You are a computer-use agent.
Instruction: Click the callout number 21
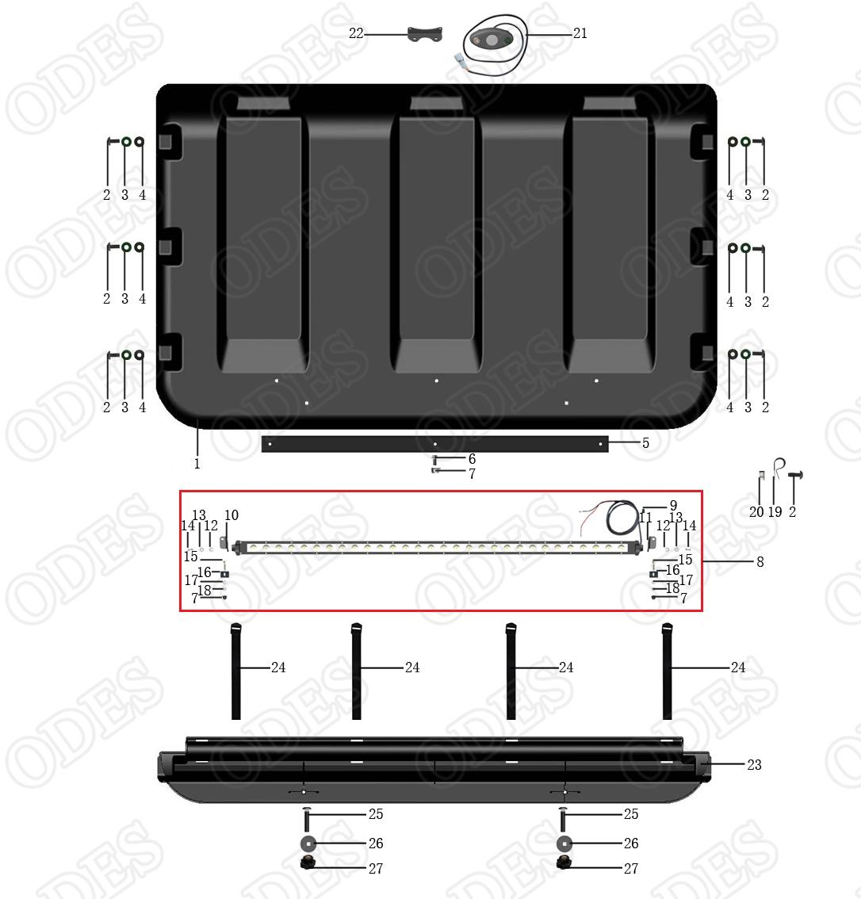coord(580,33)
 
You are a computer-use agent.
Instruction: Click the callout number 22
coord(356,33)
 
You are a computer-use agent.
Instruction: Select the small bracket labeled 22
coord(425,33)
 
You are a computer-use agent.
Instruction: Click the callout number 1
coord(197,463)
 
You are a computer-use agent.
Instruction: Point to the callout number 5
coord(645,442)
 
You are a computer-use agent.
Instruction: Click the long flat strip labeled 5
coord(434,444)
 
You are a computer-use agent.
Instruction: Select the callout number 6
coord(472,459)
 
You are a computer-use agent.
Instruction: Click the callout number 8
coord(760,561)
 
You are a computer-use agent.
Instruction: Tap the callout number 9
coord(674,505)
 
